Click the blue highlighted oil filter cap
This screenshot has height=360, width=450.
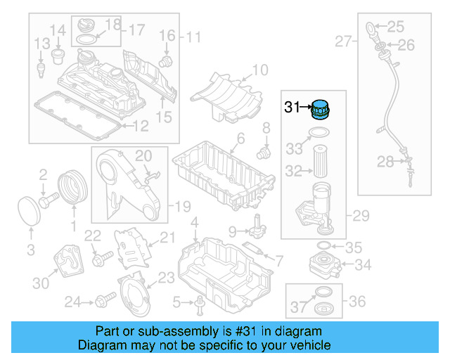click(x=321, y=111)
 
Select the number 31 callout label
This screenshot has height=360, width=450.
click(x=292, y=108)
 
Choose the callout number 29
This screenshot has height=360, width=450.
click(x=360, y=216)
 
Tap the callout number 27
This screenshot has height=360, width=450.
click(x=342, y=42)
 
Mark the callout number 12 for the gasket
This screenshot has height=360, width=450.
click(x=141, y=127)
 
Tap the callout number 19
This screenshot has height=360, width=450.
click(x=182, y=207)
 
